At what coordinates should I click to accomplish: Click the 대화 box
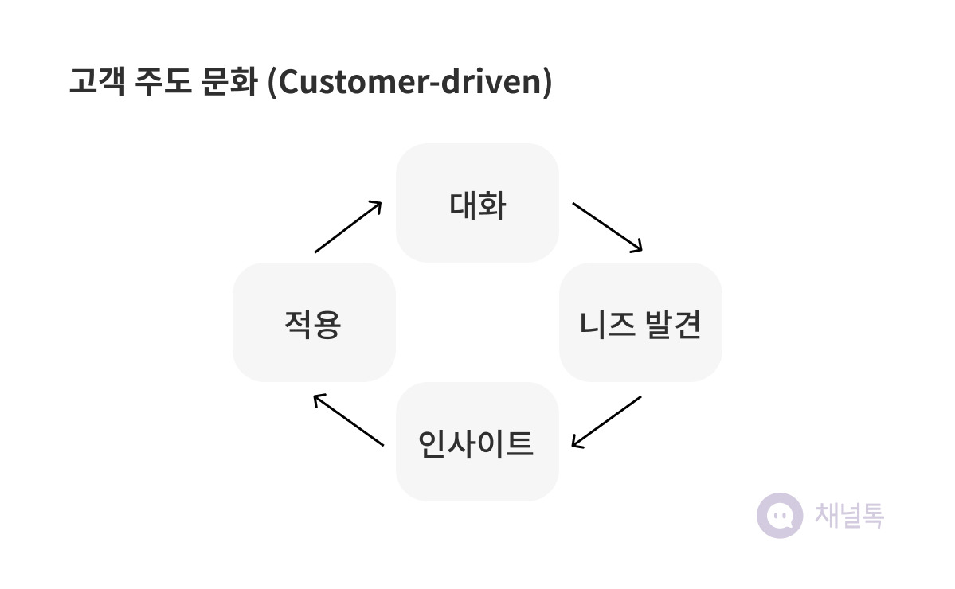[478, 203]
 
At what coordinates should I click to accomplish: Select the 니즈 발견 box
[640, 322]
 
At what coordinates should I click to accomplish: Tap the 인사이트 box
[478, 441]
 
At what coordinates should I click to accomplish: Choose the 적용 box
[315, 322]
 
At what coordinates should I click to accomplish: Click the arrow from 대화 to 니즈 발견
[607, 227]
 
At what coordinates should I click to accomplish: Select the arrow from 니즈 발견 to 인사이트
[606, 422]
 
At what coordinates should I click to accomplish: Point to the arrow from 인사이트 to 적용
[348, 419]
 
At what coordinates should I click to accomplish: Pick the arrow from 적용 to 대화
[348, 226]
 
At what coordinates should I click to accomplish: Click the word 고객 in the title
[97, 81]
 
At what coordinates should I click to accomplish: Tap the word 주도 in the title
[163, 81]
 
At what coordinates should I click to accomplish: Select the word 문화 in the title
[229, 81]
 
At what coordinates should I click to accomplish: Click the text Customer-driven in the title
[410, 81]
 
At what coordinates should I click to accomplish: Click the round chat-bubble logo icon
[780, 516]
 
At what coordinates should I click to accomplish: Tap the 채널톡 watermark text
[849, 516]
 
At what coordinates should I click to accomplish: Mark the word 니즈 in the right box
[607, 324]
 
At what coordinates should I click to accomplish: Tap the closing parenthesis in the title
[547, 82]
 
